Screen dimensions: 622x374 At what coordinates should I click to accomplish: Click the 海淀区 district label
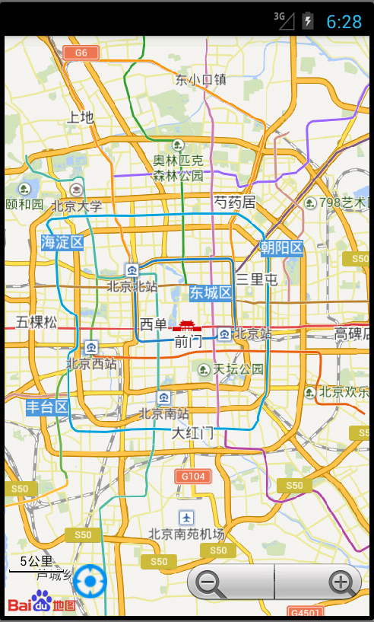click(x=62, y=242)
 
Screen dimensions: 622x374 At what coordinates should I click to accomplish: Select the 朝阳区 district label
click(x=281, y=247)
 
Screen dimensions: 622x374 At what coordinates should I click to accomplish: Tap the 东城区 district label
click(x=211, y=292)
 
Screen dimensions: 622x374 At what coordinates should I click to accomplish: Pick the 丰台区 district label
click(x=47, y=407)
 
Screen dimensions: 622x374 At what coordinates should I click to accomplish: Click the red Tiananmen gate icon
click(x=184, y=325)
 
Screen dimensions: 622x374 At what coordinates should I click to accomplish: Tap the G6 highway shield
click(x=81, y=53)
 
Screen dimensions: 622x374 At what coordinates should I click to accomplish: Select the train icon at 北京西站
click(x=91, y=347)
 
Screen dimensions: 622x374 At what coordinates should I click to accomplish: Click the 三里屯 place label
click(x=257, y=280)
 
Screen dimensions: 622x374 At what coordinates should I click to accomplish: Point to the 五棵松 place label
click(x=36, y=322)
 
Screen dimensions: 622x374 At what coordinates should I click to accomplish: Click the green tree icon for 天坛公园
click(x=204, y=369)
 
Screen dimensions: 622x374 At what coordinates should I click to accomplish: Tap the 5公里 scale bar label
click(x=36, y=561)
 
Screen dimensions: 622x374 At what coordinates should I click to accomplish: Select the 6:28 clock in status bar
click(x=344, y=21)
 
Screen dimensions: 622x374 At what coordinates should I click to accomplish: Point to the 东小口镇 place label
click(x=201, y=79)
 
